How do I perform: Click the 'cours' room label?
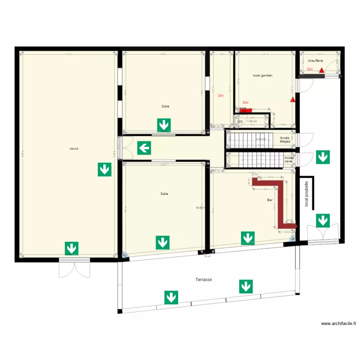pos(73,149)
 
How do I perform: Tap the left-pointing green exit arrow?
pos(144,148)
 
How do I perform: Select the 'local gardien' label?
pos(263,75)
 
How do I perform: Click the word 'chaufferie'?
pos(315,61)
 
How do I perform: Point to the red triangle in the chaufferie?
pos(321,70)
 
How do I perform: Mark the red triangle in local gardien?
pos(292,100)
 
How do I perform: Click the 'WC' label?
pos(240,121)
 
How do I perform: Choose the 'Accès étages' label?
pos(285,140)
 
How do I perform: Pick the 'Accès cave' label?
pos(288,159)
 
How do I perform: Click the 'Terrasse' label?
pos(204,279)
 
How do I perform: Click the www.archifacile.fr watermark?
pos(338,324)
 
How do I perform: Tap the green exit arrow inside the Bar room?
pos(248,238)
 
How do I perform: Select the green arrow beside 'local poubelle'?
pos(323,221)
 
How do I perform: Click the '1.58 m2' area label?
pos(252,121)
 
